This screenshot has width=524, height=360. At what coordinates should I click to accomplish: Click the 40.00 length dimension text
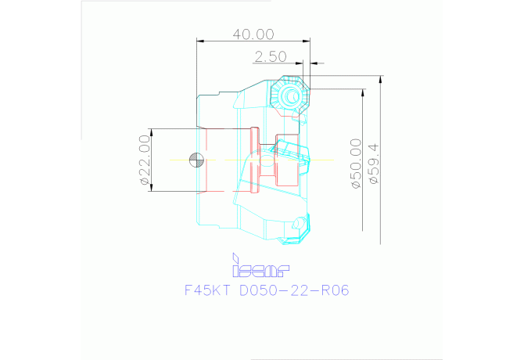pos(253,34)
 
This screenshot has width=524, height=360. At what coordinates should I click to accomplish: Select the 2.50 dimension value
pos(270,56)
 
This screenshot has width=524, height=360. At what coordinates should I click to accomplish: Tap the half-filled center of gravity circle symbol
pos(196,160)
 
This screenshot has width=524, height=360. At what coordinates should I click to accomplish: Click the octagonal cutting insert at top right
pos(291,95)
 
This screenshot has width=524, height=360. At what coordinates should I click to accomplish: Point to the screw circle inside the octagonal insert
pos(291,95)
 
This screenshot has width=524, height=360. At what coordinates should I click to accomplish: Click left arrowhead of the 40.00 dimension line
pos(199,40)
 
